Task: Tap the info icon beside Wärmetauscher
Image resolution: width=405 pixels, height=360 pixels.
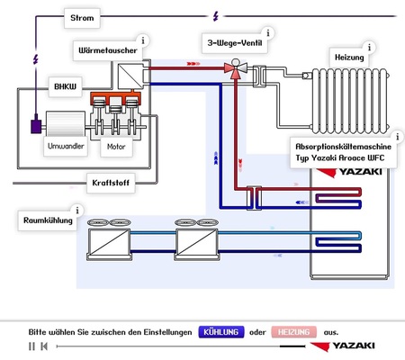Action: pyautogui.click(x=142, y=41)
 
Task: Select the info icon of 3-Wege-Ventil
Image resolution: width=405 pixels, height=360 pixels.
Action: pyautogui.click(x=267, y=33)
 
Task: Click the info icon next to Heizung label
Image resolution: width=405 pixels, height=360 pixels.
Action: pyautogui.click(x=366, y=49)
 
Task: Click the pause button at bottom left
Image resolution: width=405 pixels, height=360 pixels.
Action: pyautogui.click(x=32, y=346)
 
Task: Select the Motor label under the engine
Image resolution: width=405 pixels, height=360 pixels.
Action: pyautogui.click(x=117, y=144)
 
